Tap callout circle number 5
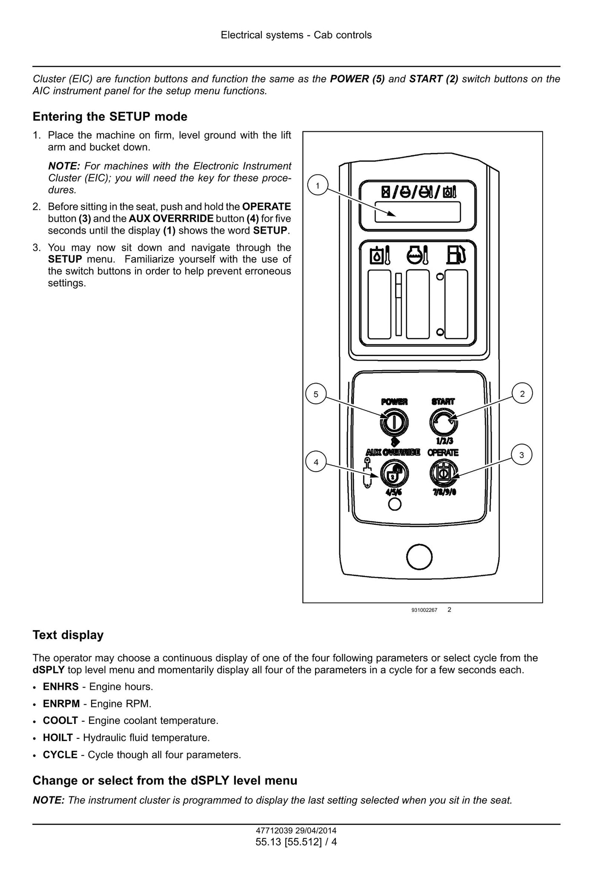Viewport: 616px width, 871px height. coord(316,394)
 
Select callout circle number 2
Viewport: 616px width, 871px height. coord(523,394)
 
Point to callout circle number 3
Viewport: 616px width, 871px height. coord(522,455)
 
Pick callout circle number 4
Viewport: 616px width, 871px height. coord(316,462)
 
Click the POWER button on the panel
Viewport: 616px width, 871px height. coord(393,422)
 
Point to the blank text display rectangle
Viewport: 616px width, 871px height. coord(418,212)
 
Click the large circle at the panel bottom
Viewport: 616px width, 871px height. coord(419,557)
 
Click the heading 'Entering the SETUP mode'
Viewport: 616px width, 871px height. coord(110,116)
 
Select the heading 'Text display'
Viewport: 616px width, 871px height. coord(68,635)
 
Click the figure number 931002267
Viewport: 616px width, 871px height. coord(424,610)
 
